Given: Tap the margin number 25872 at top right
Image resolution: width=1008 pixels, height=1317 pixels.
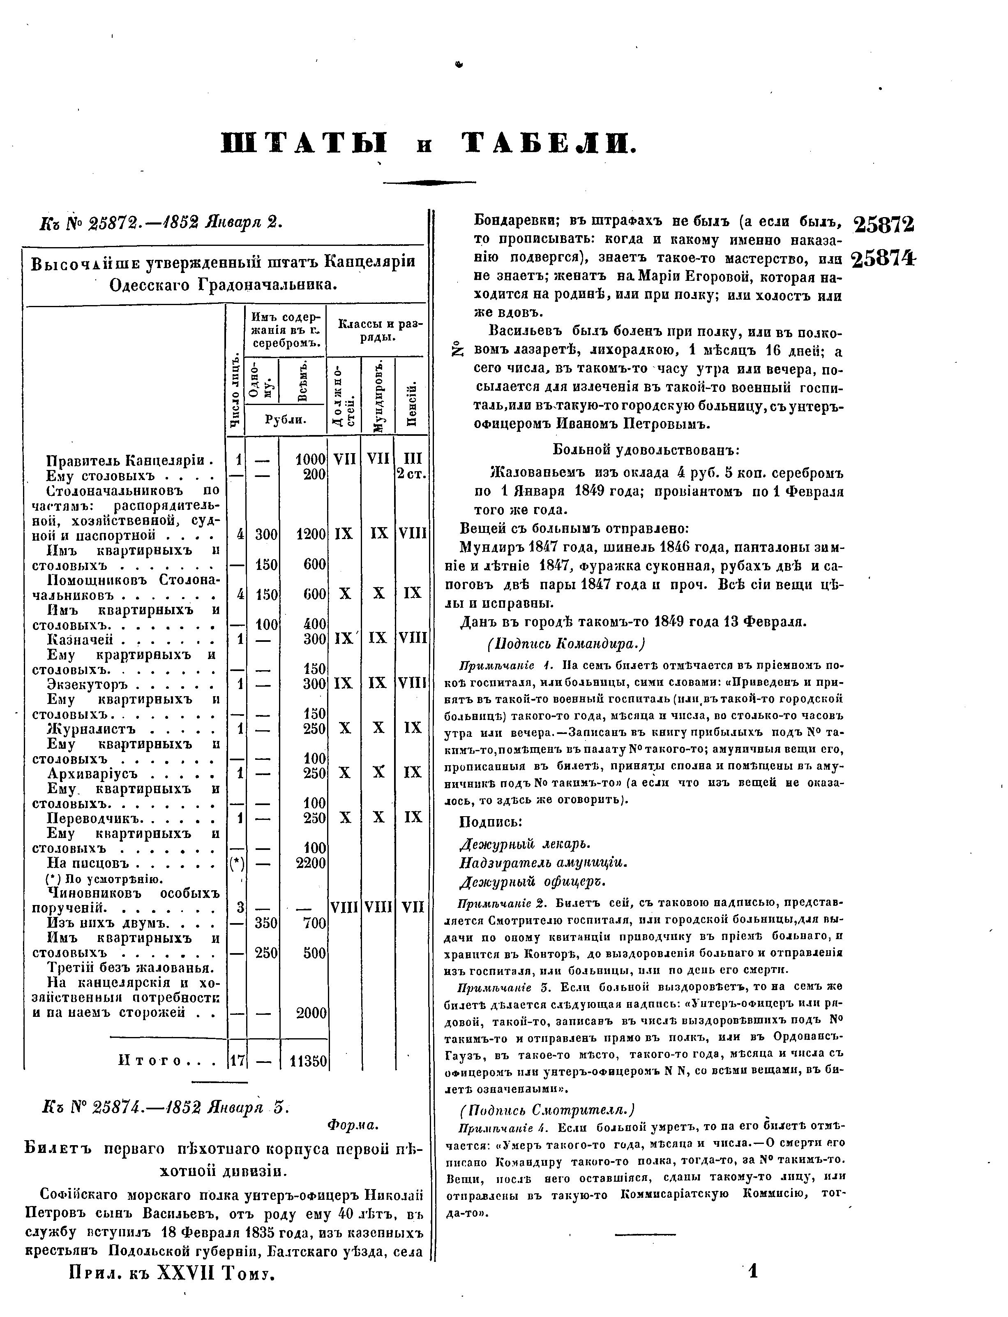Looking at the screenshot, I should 883,225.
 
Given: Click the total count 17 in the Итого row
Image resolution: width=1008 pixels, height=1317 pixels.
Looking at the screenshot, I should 238,1061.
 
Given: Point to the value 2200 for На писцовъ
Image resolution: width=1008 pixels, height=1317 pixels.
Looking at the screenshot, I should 311,863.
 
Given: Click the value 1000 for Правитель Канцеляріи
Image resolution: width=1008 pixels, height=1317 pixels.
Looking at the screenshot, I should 311,460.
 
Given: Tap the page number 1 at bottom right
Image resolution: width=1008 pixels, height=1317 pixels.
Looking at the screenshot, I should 753,1287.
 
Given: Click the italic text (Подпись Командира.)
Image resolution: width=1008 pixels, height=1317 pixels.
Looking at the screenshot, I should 566,644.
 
